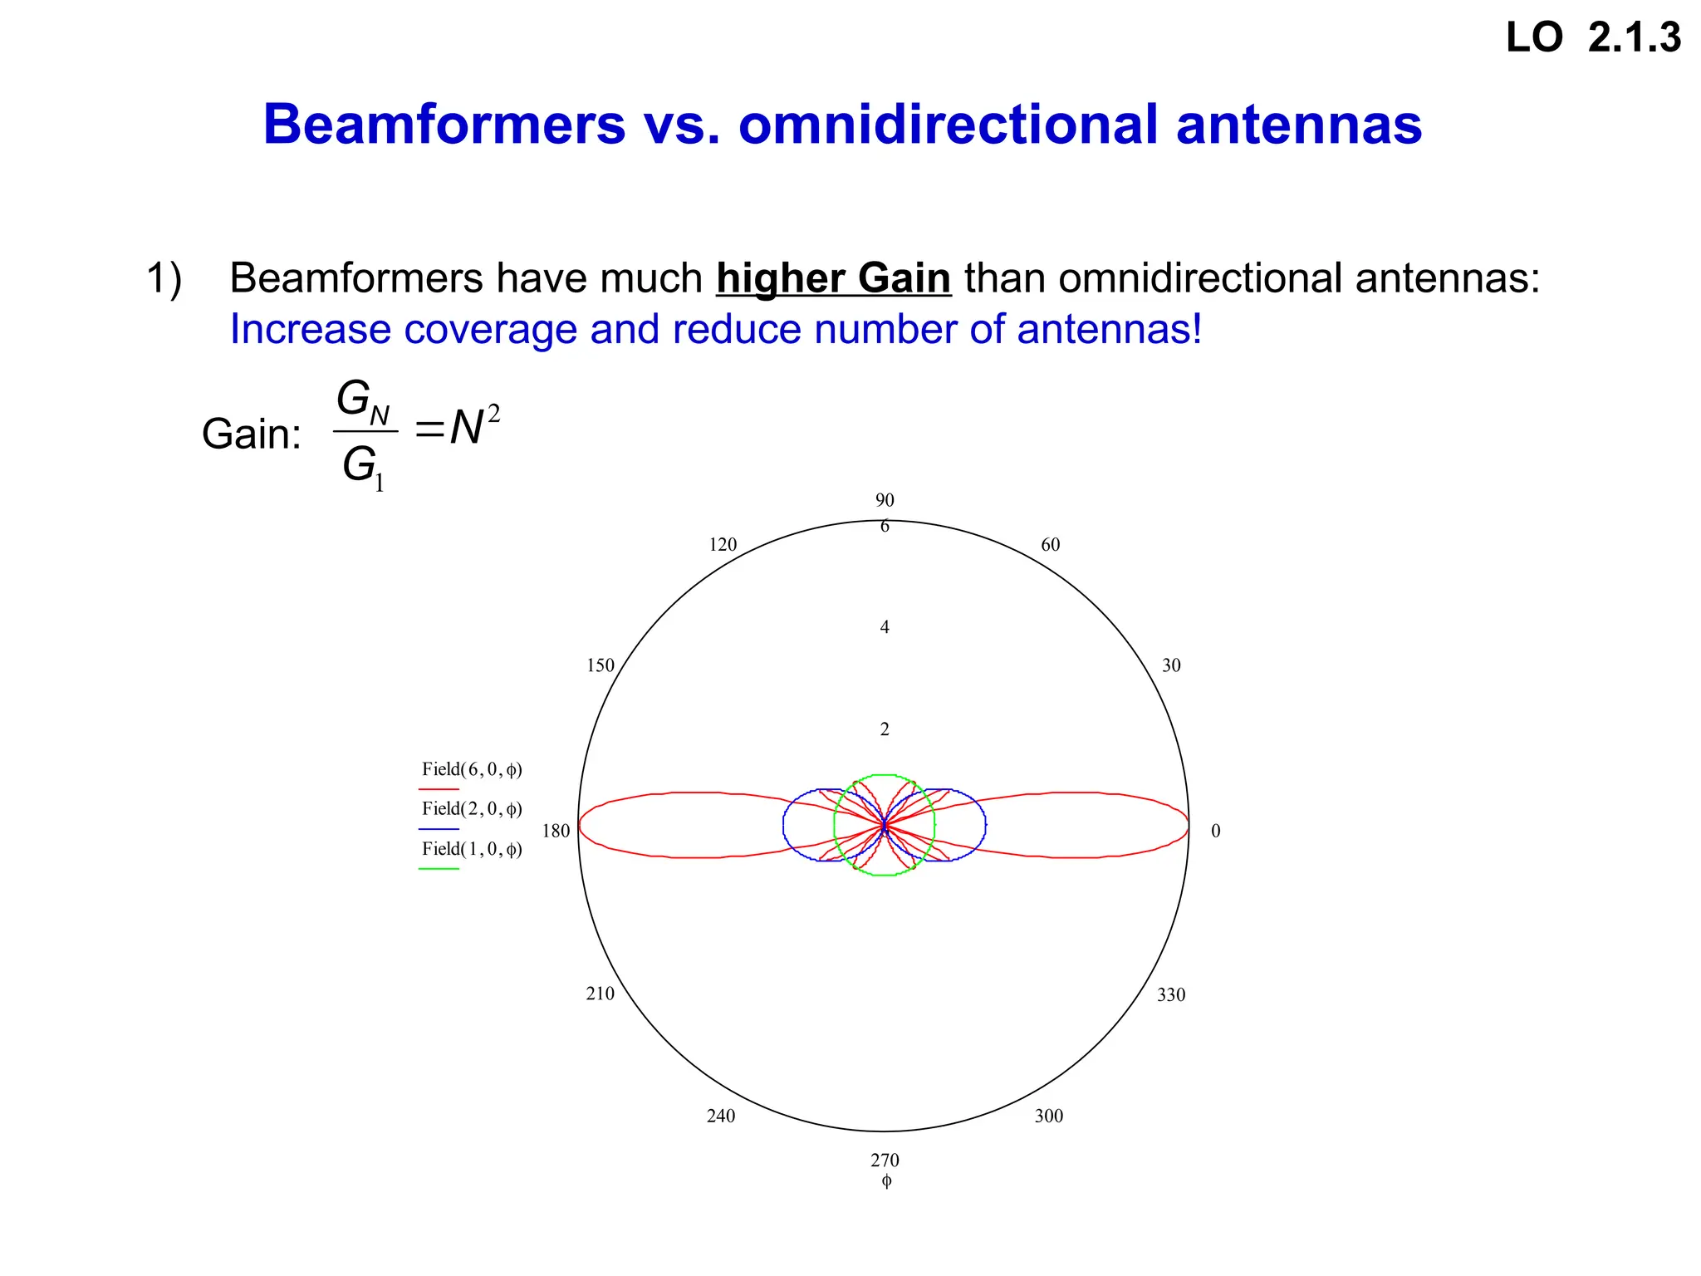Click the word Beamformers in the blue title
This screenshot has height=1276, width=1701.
[x=444, y=125]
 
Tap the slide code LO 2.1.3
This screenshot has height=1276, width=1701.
[x=1593, y=38]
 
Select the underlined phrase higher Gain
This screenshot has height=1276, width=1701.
[x=833, y=277]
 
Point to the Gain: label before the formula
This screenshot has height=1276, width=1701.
[x=252, y=434]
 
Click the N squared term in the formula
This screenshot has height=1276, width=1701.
[x=474, y=427]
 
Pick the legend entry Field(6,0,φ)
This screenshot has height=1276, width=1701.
[x=472, y=770]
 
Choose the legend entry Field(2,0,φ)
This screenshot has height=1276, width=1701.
[x=472, y=809]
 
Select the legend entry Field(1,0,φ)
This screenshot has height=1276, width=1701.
[x=472, y=849]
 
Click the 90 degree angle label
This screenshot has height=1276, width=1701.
[x=885, y=500]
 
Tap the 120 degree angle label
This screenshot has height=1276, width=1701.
[x=723, y=545]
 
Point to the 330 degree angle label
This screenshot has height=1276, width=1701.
[x=1171, y=994]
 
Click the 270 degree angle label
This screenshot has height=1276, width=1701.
[x=885, y=1161]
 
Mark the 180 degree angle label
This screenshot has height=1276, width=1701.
[x=556, y=831]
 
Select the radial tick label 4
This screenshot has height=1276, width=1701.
[x=885, y=627]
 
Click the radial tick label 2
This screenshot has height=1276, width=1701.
[x=885, y=729]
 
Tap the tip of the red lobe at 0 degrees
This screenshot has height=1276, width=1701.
[x=1188, y=825]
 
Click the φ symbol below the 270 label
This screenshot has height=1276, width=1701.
[x=885, y=1181]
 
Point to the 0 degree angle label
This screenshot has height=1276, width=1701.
[x=1215, y=831]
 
